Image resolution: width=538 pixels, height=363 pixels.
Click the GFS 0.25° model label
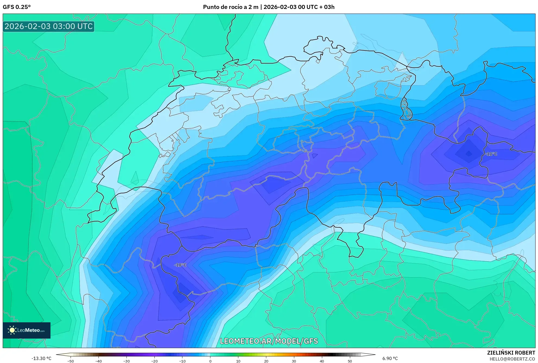[17, 7]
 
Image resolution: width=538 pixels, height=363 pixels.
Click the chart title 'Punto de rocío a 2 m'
[230, 7]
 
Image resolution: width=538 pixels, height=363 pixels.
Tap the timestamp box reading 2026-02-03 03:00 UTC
[49, 26]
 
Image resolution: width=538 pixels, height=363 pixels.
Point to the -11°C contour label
[491, 154]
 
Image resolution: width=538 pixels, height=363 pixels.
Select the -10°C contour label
[181, 265]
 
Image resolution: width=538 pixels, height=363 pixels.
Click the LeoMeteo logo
[27, 330]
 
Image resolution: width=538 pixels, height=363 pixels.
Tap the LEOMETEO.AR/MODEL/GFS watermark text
[269, 341]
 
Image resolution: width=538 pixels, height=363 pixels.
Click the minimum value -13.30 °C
[41, 358]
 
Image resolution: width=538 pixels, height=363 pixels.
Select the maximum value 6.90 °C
[390, 358]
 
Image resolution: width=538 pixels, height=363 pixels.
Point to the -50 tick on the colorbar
[71, 361]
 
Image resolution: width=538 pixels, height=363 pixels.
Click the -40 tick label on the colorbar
[99, 361]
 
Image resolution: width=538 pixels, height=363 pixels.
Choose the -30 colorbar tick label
[126, 361]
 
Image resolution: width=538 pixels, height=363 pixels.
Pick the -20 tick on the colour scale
[154, 361]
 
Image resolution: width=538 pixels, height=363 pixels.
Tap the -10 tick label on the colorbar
[182, 361]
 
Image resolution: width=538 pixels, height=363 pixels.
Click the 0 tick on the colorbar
[210, 361]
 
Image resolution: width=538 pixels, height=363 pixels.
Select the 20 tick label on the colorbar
[266, 361]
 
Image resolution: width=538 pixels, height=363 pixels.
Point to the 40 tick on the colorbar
[322, 361]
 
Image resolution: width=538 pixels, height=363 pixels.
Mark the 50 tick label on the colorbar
[350, 361]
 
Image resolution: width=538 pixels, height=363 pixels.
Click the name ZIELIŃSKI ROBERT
[511, 353]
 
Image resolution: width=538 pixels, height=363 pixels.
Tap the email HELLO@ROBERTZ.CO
[512, 359]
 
